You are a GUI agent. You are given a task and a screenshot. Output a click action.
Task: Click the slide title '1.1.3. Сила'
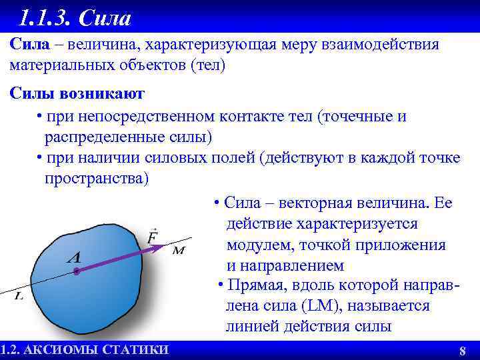(x=75, y=17)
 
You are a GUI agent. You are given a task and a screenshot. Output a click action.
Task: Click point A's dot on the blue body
(x=77, y=271)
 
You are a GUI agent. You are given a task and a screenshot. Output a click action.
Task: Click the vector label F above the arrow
(x=152, y=235)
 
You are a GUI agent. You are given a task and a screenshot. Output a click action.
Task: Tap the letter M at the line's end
(x=179, y=251)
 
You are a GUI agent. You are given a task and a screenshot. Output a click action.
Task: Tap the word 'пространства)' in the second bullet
(x=97, y=179)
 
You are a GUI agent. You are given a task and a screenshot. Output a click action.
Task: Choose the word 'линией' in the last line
(x=249, y=327)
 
